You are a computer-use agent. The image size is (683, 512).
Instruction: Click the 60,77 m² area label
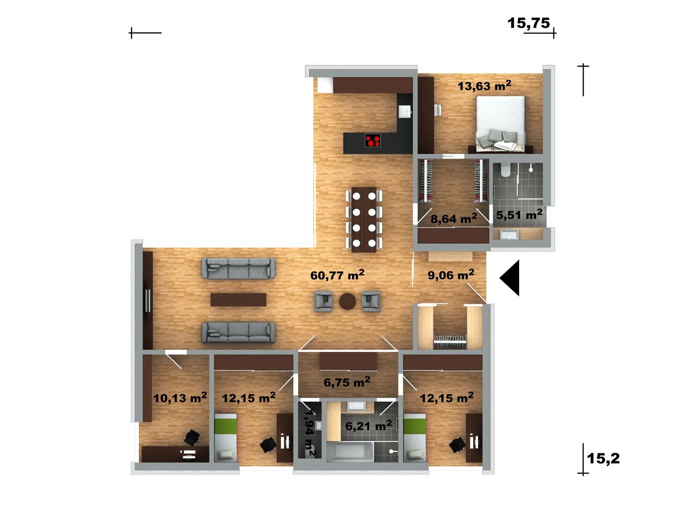(337, 275)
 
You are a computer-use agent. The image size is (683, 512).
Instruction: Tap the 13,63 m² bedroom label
(484, 86)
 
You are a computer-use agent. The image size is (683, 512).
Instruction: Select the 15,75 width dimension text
(529, 23)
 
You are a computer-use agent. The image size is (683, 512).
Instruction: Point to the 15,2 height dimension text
(603, 458)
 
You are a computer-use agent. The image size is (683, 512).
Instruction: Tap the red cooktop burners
(372, 140)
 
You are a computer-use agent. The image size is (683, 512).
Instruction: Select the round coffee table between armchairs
(347, 301)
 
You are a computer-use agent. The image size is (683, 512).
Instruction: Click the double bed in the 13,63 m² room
(500, 124)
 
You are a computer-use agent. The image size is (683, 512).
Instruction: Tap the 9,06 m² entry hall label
(451, 275)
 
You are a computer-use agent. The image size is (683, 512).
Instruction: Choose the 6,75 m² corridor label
(347, 382)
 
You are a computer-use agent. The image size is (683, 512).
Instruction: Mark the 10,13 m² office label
(180, 398)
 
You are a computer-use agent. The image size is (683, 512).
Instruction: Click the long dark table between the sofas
(238, 300)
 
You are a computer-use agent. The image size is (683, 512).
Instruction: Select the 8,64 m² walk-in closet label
(454, 219)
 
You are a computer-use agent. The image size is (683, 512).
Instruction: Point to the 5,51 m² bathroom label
(519, 215)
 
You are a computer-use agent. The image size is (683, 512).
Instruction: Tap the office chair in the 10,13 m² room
(192, 437)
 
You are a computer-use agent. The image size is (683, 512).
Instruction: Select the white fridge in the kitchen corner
(325, 85)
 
